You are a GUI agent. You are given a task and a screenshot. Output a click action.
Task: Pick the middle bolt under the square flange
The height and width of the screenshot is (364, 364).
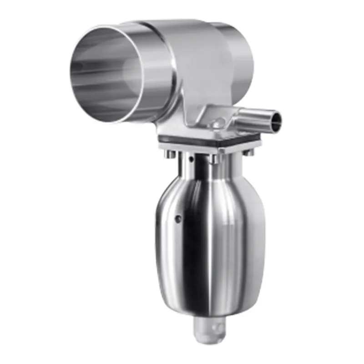[x=212, y=159]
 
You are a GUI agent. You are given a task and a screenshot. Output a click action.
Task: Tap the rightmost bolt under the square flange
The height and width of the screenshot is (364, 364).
[x=249, y=152]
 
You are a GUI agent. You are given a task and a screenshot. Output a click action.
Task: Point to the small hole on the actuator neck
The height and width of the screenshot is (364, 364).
[x=192, y=159]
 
